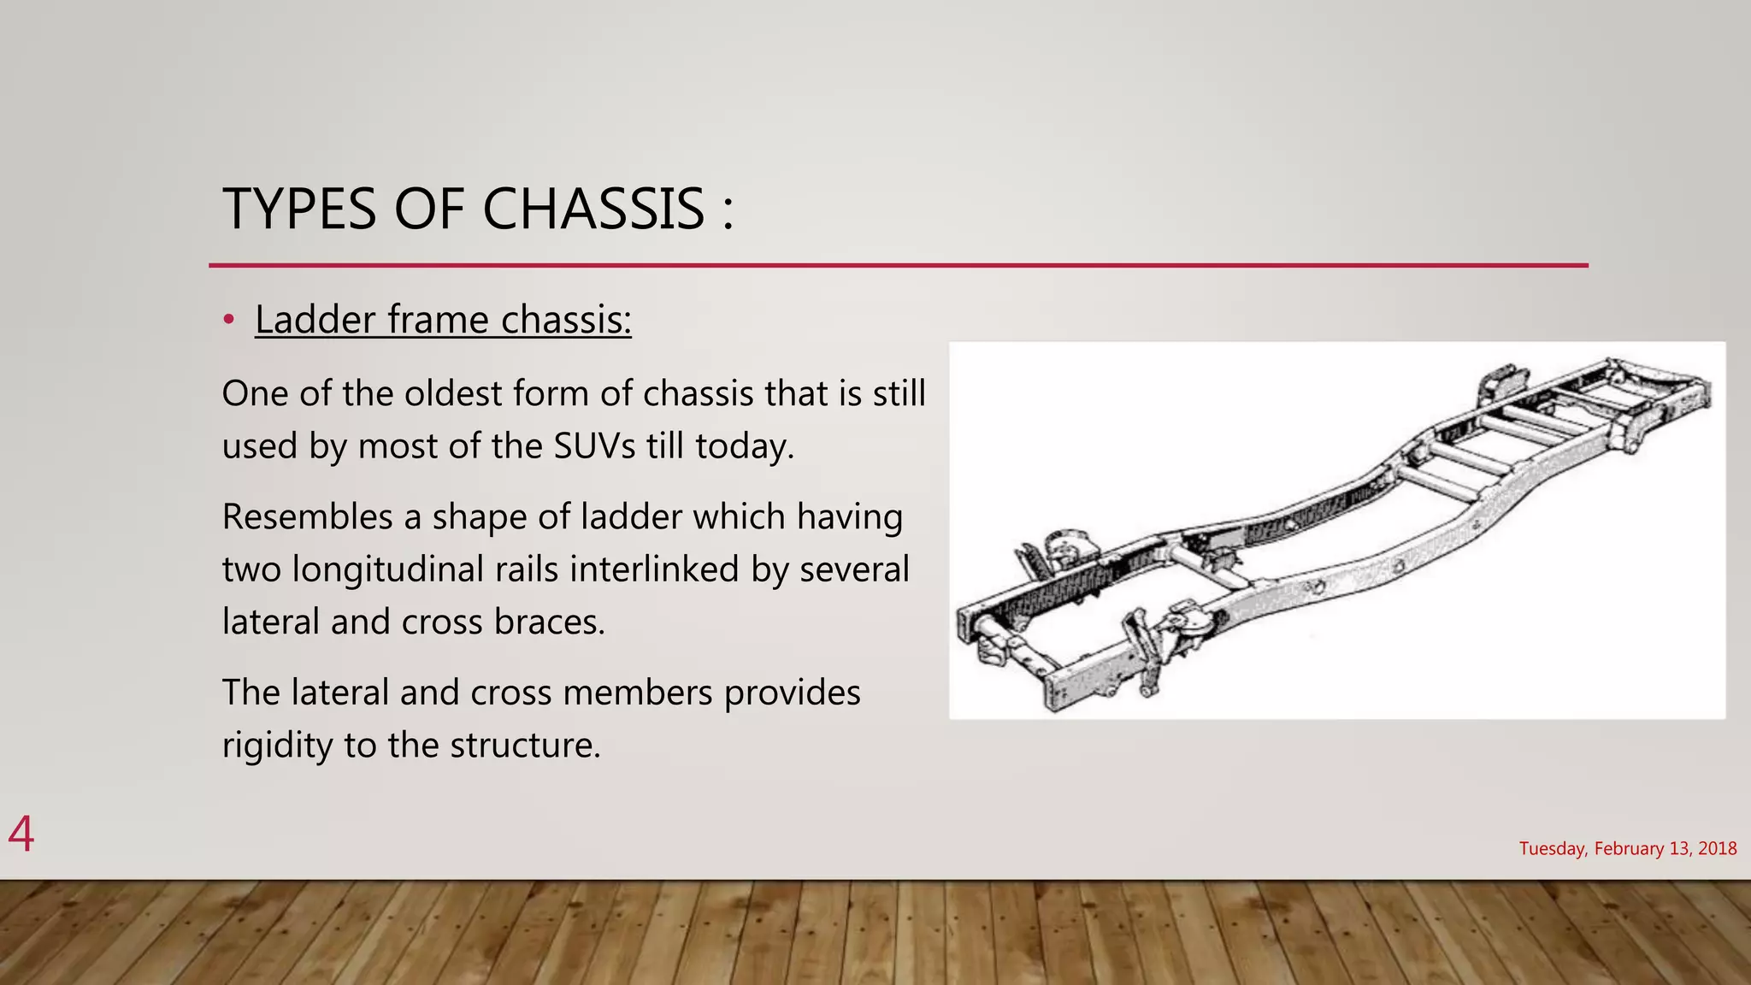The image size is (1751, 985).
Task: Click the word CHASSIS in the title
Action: pyautogui.click(x=593, y=209)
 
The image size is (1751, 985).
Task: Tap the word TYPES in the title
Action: pyautogui.click(x=299, y=209)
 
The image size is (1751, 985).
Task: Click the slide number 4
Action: pyautogui.click(x=21, y=834)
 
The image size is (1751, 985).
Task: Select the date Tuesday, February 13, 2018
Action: pyautogui.click(x=1628, y=848)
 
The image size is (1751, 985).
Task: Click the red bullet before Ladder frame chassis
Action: pyautogui.click(x=228, y=320)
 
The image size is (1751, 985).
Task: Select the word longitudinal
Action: pyautogui.click(x=425, y=569)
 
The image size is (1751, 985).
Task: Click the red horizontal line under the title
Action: pyautogui.click(x=898, y=266)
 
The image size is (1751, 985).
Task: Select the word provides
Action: pyautogui.click(x=793, y=693)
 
